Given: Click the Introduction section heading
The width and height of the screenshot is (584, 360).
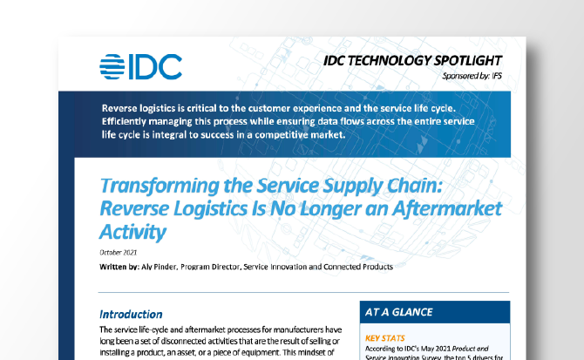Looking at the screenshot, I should click(x=131, y=314).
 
